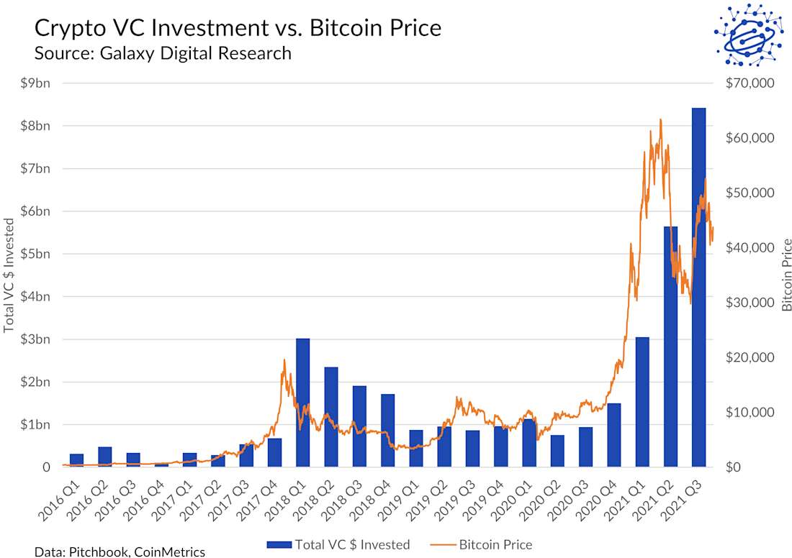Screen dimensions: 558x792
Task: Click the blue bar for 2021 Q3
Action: click(x=698, y=288)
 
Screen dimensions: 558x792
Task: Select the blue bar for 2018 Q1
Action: click(x=303, y=403)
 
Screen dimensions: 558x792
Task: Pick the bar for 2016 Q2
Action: click(x=105, y=457)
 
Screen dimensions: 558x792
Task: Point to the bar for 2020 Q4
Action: click(x=613, y=435)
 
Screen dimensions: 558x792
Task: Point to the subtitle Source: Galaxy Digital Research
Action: click(x=163, y=52)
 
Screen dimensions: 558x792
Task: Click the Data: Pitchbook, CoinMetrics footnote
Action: click(x=120, y=552)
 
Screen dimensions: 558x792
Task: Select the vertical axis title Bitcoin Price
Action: click(x=786, y=274)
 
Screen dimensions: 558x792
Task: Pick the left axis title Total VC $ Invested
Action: click(x=9, y=274)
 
